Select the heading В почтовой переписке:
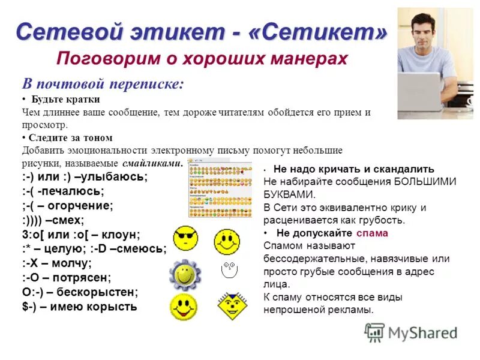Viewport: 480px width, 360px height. (103, 83)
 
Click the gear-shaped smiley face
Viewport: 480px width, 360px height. (185, 274)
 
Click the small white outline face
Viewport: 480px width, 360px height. (227, 272)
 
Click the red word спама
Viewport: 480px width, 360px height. (371, 233)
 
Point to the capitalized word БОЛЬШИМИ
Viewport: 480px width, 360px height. (425, 181)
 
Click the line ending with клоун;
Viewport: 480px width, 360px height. (81, 235)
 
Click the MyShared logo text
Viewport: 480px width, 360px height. (422, 332)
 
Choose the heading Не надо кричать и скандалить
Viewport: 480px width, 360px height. (353, 169)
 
